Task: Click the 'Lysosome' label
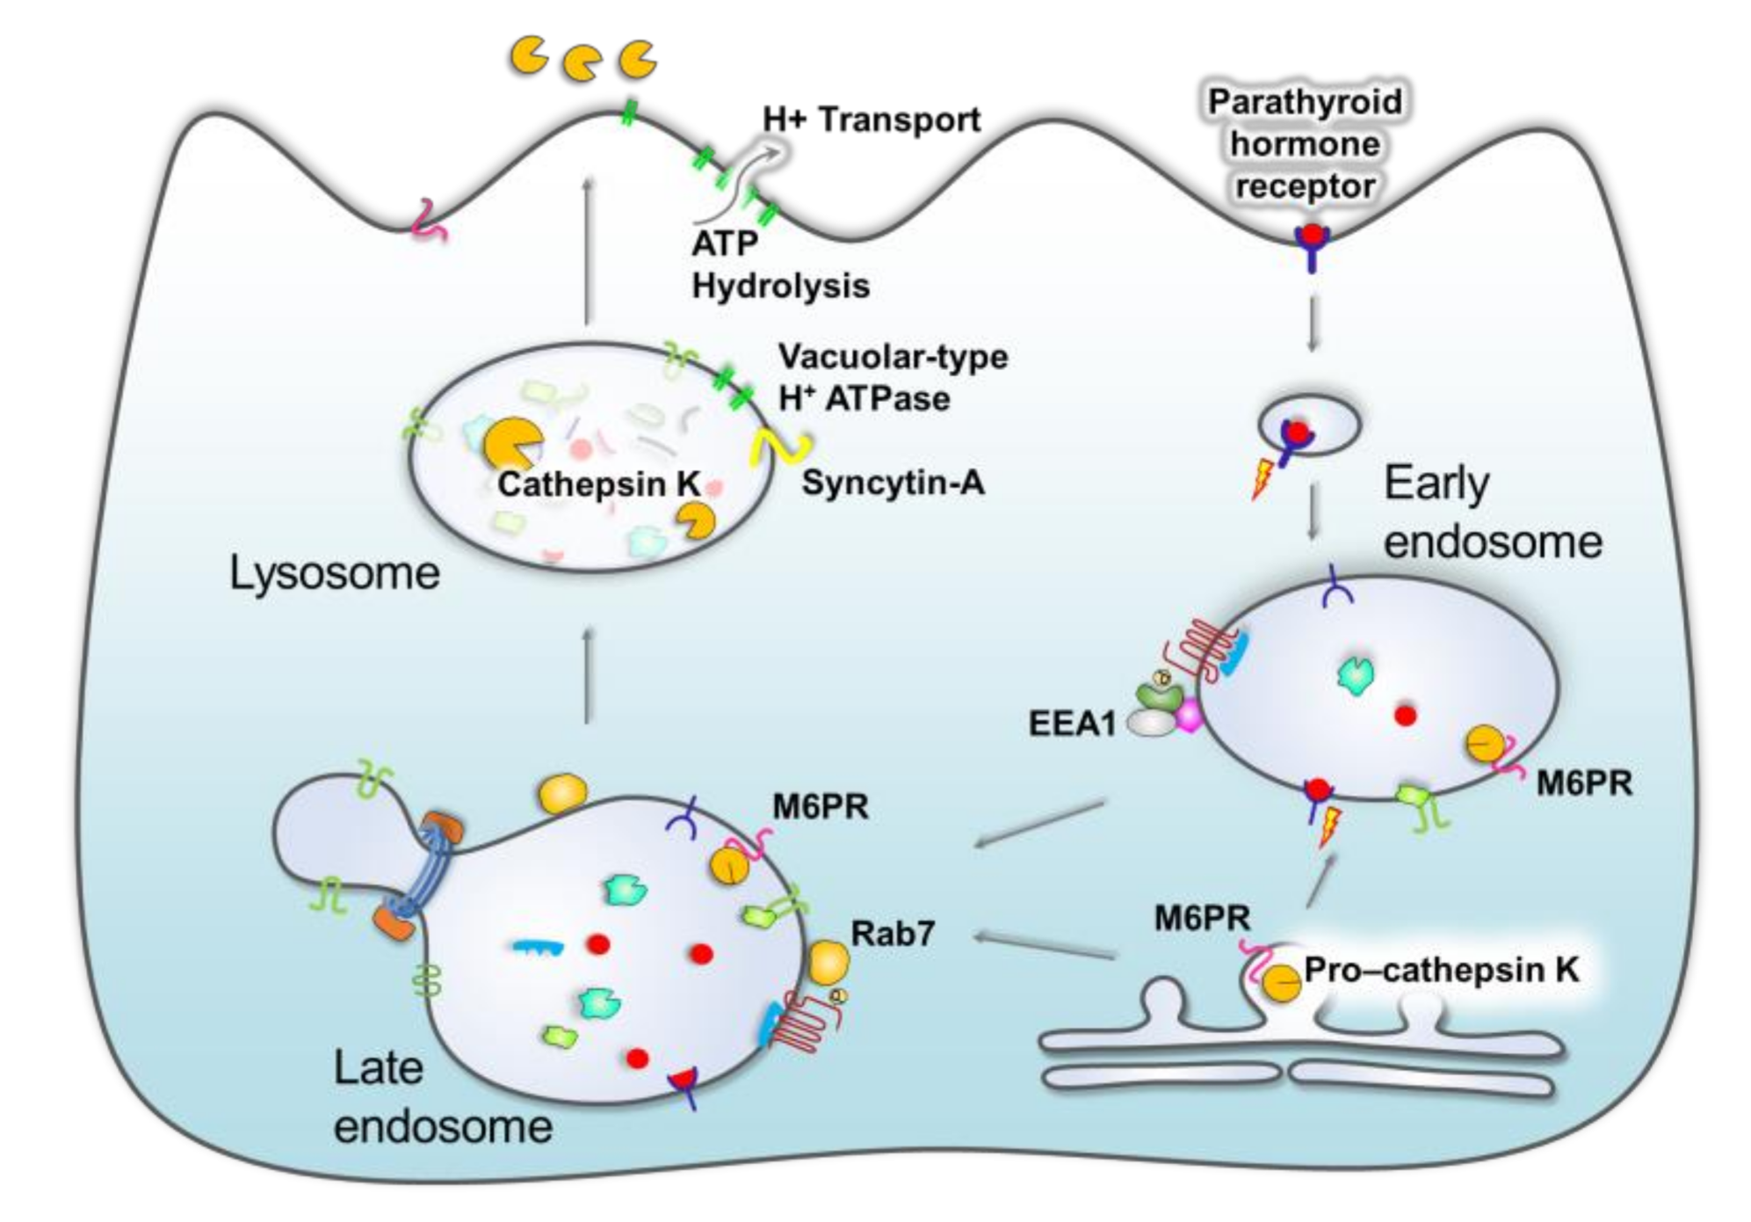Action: pyautogui.click(x=334, y=573)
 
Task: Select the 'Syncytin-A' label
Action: pyautogui.click(x=893, y=483)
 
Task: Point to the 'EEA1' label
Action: pyautogui.click(x=1072, y=724)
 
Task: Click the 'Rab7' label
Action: pyautogui.click(x=893, y=933)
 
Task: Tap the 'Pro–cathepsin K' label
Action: pyautogui.click(x=1441, y=970)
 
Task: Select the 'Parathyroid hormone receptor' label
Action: pyautogui.click(x=1305, y=144)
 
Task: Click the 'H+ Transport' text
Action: pyautogui.click(x=871, y=120)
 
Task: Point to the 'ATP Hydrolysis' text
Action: pyautogui.click(x=779, y=265)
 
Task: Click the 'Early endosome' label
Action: pyautogui.click(x=1492, y=512)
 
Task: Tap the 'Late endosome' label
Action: pyautogui.click(x=442, y=1097)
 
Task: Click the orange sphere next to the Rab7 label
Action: pyautogui.click(x=828, y=964)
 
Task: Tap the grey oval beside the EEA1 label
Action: pyautogui.click(x=1151, y=723)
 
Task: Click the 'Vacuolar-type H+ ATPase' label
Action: pyautogui.click(x=892, y=378)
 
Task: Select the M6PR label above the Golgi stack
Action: pyautogui.click(x=1202, y=919)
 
